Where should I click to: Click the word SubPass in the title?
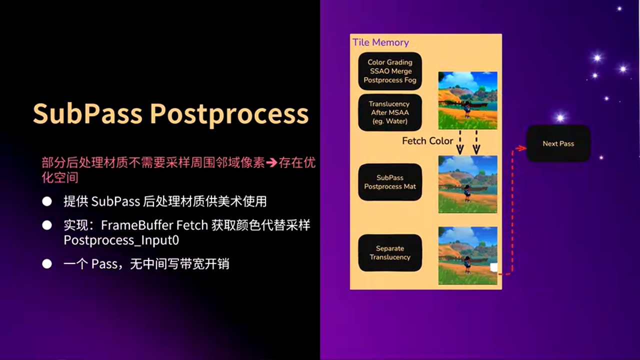pos(87,114)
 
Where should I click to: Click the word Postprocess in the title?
pos(229,114)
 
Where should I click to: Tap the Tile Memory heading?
pos(380,42)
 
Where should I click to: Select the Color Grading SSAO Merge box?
pos(390,71)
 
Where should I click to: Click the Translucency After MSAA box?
pos(390,112)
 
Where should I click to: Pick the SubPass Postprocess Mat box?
pos(390,182)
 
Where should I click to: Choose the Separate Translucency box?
pos(390,253)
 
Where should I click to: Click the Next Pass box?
pos(558,143)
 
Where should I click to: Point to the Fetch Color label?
pos(427,141)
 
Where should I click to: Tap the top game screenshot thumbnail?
pos(467,100)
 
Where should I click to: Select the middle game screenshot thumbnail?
pos(467,184)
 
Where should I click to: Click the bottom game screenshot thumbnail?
pos(467,255)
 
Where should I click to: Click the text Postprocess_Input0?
pos(121,240)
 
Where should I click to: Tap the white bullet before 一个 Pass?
pos(47,264)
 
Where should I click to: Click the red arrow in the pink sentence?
pos(271,163)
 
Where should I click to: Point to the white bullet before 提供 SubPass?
pos(47,201)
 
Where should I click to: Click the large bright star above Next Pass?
pos(560,117)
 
